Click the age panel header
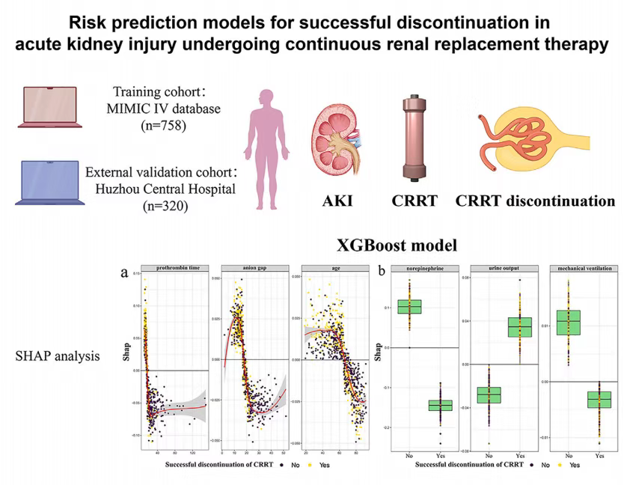pos(334,268)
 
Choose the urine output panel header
pos(504,268)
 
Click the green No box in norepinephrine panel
pos(409,306)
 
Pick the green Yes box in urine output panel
pos(520,327)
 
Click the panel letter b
pos(382,272)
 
